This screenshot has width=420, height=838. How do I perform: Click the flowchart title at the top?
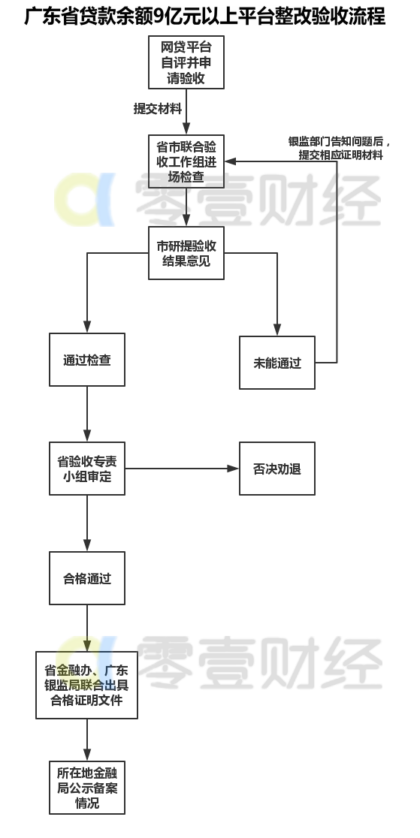(x=205, y=17)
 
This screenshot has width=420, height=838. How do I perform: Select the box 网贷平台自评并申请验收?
(x=186, y=62)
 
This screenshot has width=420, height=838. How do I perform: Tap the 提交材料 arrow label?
(x=158, y=108)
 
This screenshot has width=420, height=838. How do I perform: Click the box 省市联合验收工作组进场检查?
(x=186, y=161)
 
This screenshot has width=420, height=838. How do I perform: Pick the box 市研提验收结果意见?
(x=186, y=253)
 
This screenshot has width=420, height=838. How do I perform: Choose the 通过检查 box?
(x=87, y=360)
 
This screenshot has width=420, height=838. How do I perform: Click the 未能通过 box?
(x=277, y=363)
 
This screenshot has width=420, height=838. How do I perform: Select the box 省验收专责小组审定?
(x=87, y=469)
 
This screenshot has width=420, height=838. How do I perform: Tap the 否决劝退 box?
(x=277, y=469)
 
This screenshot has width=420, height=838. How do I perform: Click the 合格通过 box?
(x=87, y=578)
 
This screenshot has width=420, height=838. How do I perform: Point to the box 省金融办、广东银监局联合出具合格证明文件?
(x=86, y=685)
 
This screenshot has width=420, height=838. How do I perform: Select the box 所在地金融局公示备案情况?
(x=87, y=788)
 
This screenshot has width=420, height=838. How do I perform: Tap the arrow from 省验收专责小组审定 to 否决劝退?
(x=182, y=469)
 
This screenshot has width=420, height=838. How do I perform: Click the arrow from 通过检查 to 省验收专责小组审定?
(x=87, y=414)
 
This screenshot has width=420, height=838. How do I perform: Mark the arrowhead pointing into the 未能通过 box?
(x=277, y=330)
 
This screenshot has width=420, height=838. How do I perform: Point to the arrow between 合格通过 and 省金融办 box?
(x=87, y=628)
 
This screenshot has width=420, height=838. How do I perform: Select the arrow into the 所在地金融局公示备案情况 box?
(x=87, y=740)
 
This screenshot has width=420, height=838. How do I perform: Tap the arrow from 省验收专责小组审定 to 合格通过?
(x=87, y=524)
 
